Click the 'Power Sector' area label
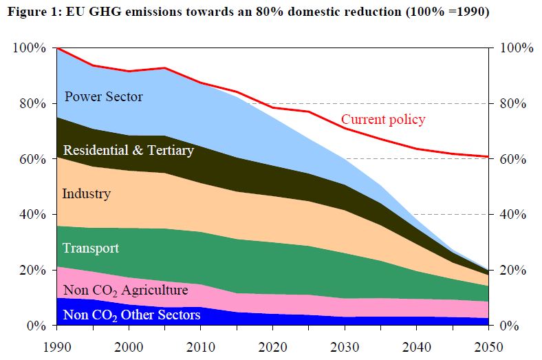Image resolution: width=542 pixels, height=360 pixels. pyautogui.click(x=103, y=96)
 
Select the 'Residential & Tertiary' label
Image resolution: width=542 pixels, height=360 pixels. pyautogui.click(x=128, y=149)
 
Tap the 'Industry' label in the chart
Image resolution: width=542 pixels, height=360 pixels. pyautogui.click(x=86, y=193)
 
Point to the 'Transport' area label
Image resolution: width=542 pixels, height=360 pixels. pyautogui.click(x=91, y=248)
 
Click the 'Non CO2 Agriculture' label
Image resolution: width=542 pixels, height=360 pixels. pyautogui.click(x=125, y=290)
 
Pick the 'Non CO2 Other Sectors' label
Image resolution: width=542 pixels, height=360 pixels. pyautogui.click(x=131, y=315)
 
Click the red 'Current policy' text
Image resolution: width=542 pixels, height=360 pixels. pyautogui.click(x=383, y=119)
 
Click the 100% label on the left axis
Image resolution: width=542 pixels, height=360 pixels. pyautogui.click(x=29, y=48)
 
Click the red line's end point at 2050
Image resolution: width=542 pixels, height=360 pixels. pyautogui.click(x=488, y=157)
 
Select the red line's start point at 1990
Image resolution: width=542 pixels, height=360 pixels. pyautogui.click(x=57, y=48)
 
